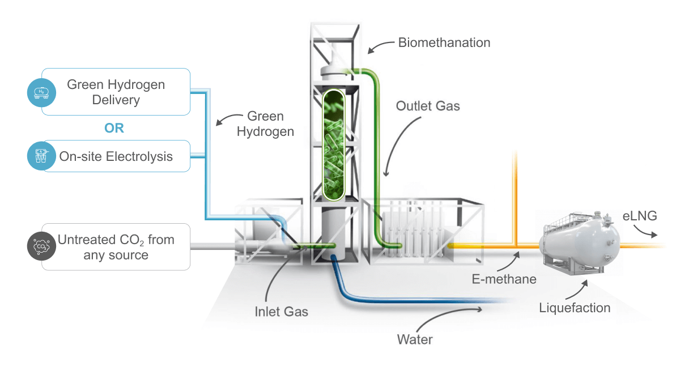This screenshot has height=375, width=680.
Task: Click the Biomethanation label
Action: tap(444, 42)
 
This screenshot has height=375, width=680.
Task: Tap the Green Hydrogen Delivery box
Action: tap(116, 92)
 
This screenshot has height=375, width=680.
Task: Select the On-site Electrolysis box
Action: tap(116, 156)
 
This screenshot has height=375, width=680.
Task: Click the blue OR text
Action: tap(114, 128)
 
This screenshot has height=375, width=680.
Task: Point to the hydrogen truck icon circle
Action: tap(41, 92)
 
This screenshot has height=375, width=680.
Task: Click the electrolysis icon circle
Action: tap(41, 156)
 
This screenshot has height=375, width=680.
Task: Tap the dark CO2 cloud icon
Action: tap(41, 247)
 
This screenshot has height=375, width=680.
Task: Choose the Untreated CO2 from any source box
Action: tap(116, 247)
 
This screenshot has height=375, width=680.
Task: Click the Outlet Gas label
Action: tap(427, 106)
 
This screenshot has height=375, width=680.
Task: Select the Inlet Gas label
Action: tap(281, 311)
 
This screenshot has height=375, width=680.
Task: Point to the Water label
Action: tap(415, 340)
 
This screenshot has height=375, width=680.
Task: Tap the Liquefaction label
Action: tap(575, 308)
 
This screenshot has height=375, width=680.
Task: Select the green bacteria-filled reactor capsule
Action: tap(334, 146)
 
